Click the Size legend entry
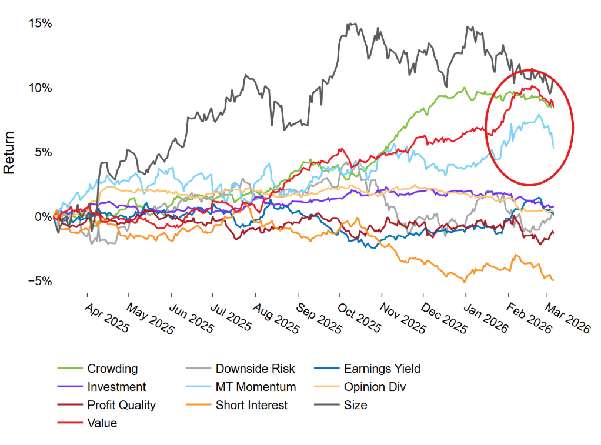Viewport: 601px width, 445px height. pos(355,405)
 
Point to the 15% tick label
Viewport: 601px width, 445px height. pos(40,24)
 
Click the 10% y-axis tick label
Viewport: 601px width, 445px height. pos(40,88)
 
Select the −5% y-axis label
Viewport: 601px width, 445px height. pos(39,281)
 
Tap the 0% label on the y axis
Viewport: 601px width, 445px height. pos(42,217)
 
